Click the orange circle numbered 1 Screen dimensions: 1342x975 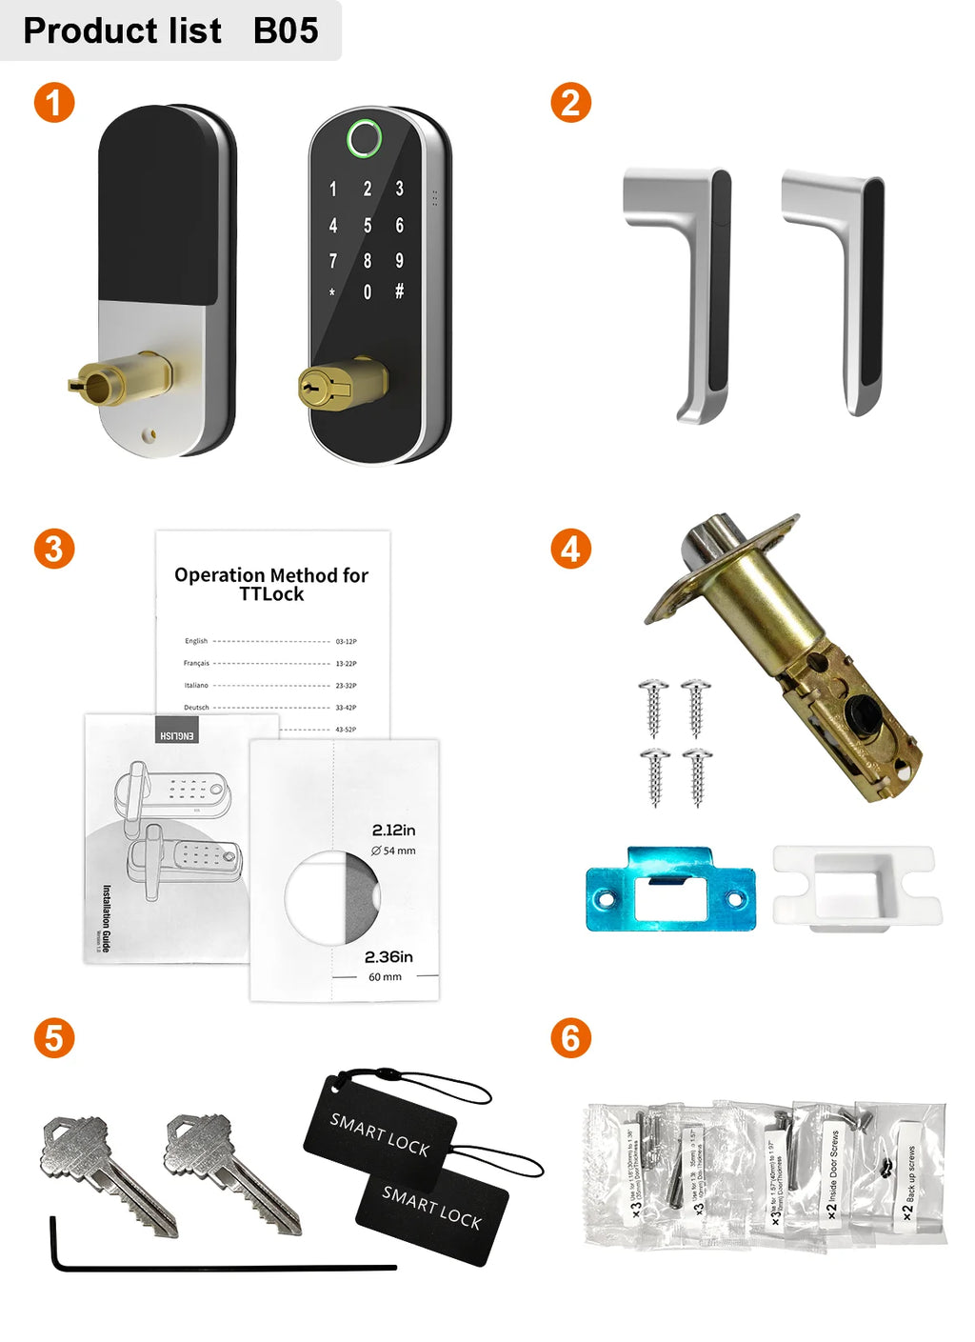(54, 103)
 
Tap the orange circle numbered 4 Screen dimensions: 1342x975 (570, 550)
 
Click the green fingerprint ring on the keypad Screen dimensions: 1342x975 (365, 139)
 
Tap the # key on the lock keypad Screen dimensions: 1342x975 (399, 291)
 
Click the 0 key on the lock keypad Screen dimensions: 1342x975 (368, 292)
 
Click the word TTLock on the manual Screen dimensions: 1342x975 (271, 594)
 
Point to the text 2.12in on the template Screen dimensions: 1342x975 (393, 831)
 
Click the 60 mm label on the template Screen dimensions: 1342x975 (385, 977)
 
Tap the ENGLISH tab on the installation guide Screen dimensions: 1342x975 (177, 735)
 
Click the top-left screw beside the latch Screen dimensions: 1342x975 (653, 707)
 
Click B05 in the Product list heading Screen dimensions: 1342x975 (286, 30)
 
